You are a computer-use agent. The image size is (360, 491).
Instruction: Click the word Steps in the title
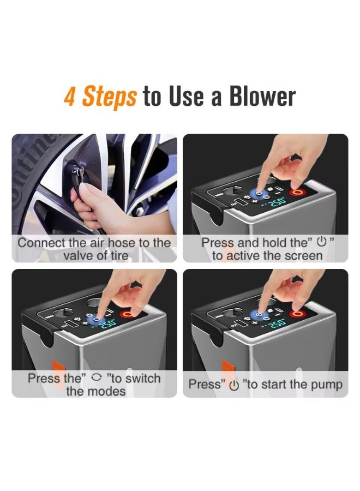pyautogui.click(x=109, y=97)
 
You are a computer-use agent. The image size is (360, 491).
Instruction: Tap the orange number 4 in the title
pyautogui.click(x=70, y=97)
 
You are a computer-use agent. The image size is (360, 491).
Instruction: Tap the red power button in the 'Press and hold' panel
pyautogui.click(x=298, y=192)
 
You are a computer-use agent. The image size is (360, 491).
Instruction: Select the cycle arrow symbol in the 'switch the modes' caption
pyautogui.click(x=97, y=378)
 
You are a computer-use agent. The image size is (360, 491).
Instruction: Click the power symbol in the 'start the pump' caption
pyautogui.click(x=233, y=385)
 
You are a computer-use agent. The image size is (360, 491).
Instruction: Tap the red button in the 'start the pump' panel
pyautogui.click(x=298, y=313)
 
